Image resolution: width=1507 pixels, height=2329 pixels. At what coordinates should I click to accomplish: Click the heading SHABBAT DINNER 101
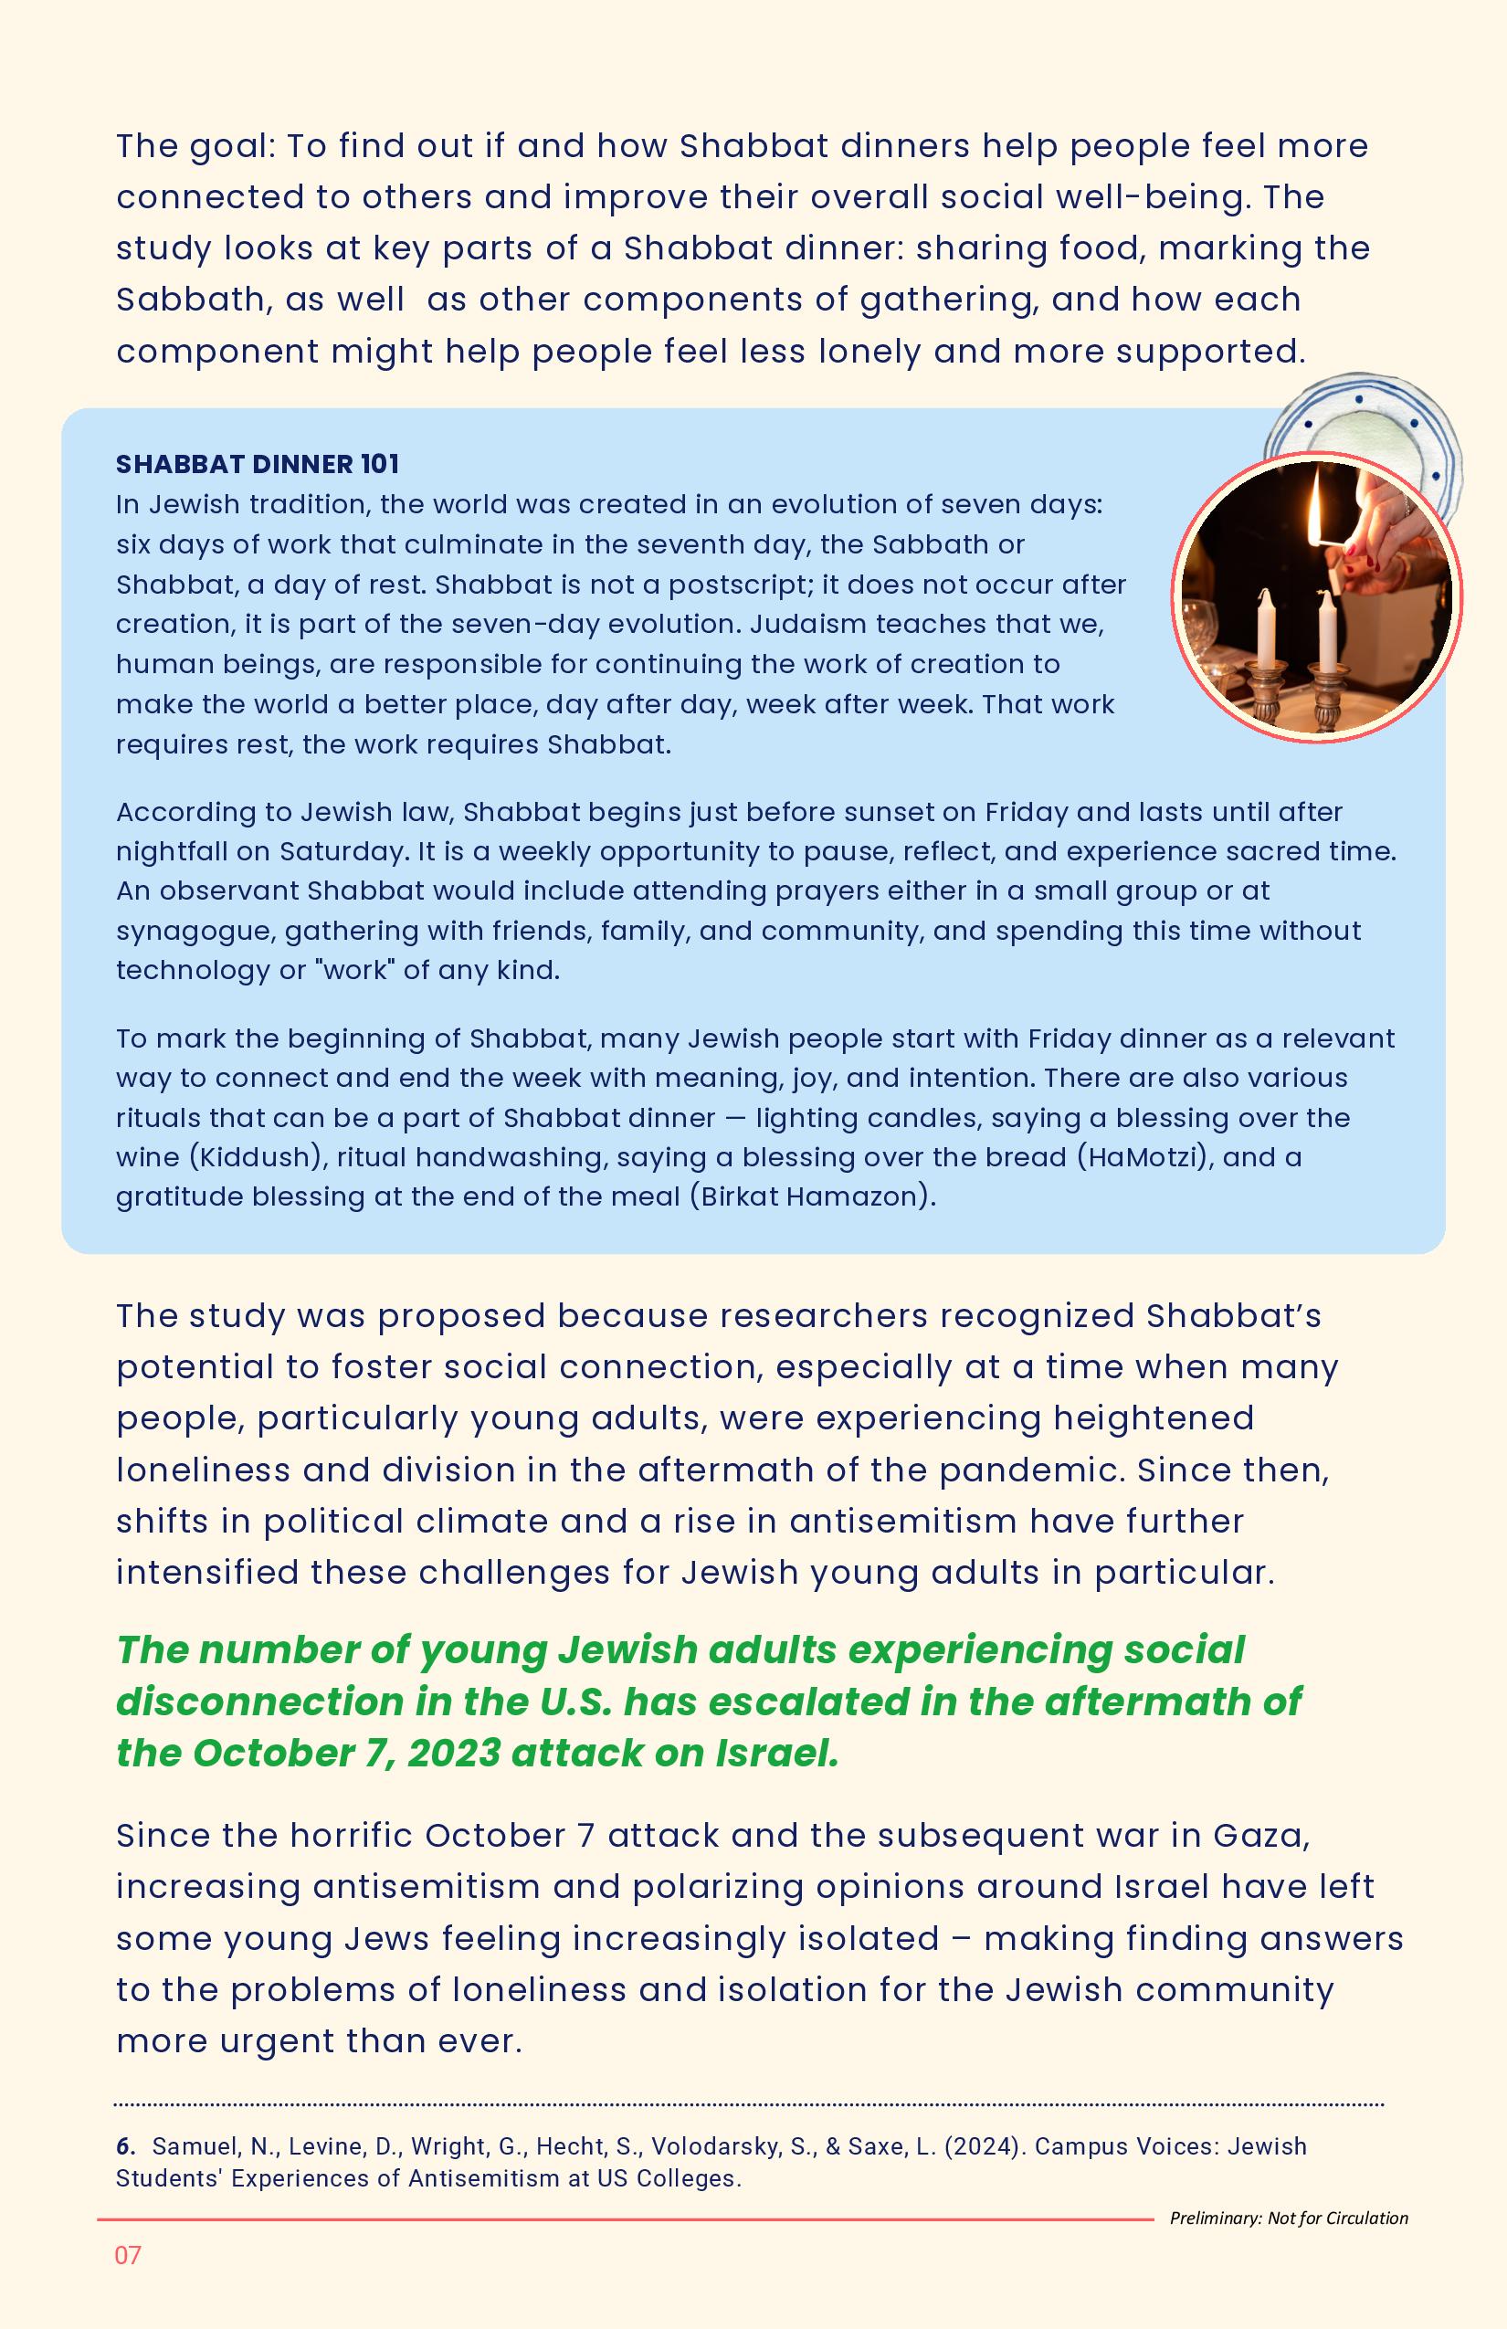coord(258,464)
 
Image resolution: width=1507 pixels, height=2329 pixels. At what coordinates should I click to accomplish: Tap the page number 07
coord(128,2256)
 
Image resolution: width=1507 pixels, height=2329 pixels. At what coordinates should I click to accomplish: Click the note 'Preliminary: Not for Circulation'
coord(1289,2218)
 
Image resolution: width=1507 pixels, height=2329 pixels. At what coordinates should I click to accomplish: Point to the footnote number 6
coord(124,2147)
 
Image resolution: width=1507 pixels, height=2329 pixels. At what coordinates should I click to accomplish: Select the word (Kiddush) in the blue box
coord(258,1158)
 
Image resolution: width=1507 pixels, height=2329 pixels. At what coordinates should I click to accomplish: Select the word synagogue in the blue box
coord(194,931)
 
